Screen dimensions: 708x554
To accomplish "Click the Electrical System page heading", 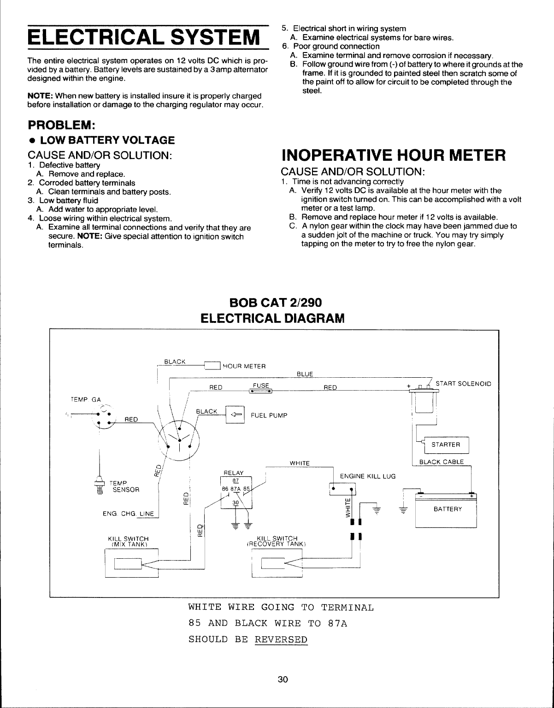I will coord(141,36).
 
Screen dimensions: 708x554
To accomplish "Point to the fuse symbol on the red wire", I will coord(260,392).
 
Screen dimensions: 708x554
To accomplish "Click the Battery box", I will coord(446,509).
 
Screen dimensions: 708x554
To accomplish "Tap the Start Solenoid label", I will coord(463,383).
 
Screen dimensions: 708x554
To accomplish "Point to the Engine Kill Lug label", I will coord(367,476).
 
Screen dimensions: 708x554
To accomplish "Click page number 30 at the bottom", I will coord(283,679).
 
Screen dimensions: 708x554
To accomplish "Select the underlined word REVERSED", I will coord(281,640).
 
